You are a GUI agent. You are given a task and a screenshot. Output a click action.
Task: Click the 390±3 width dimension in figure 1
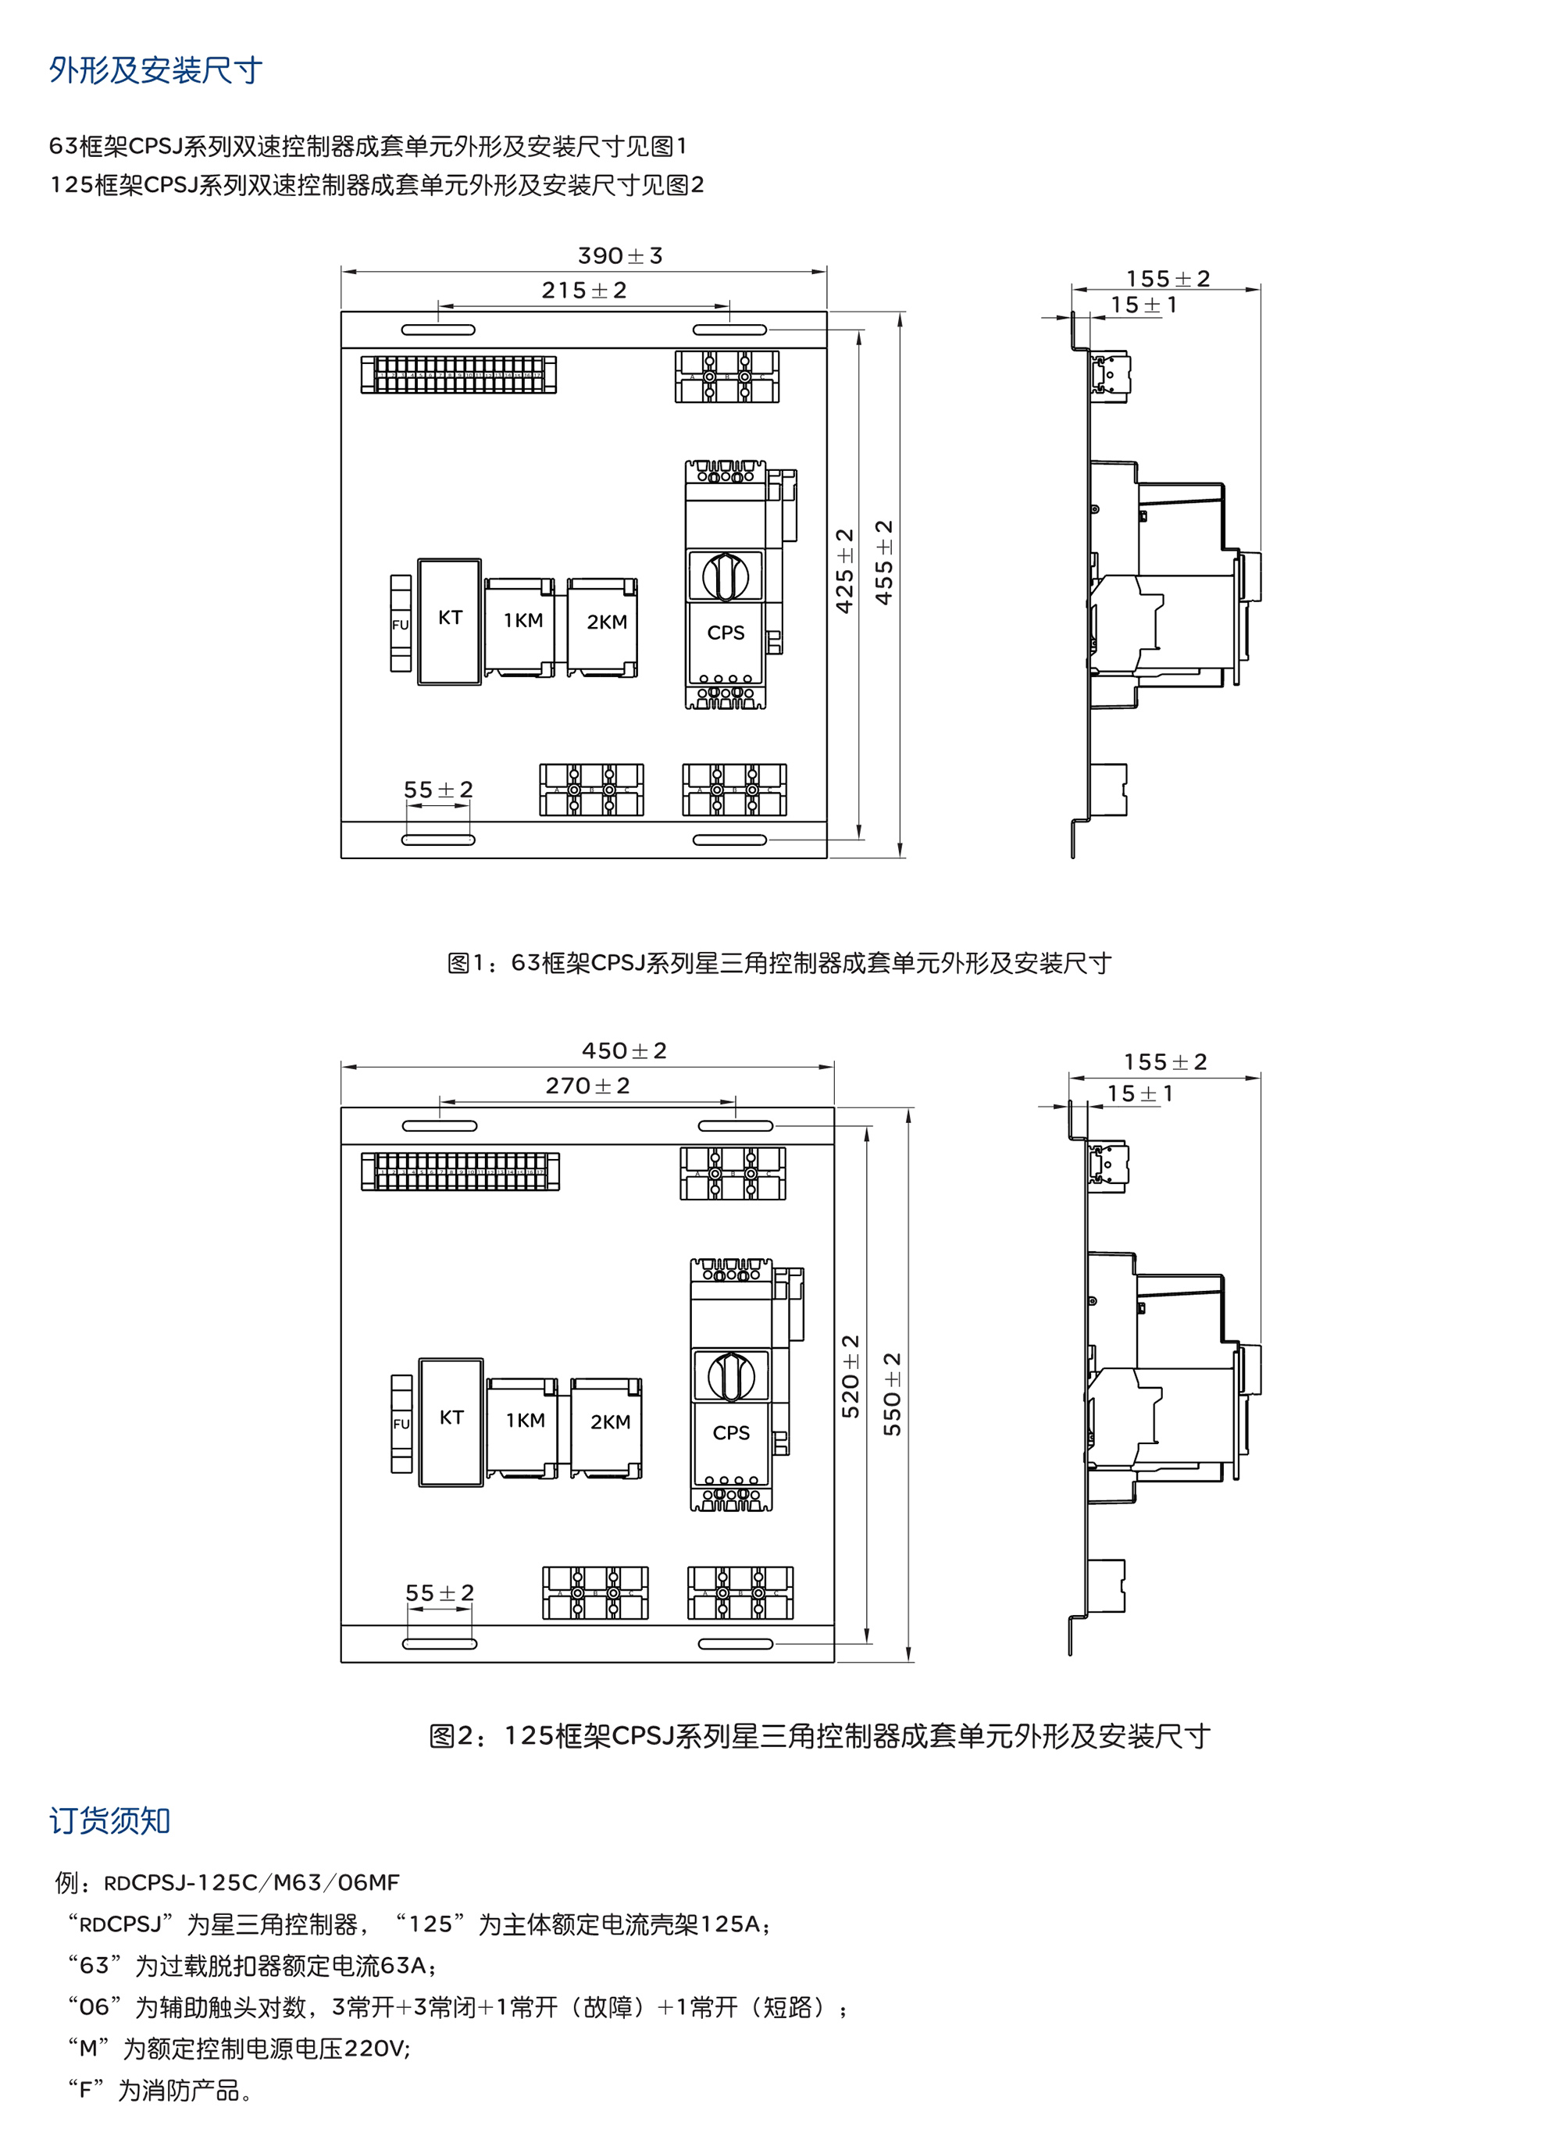(619, 256)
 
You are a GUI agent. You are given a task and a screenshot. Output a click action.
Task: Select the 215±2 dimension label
(583, 291)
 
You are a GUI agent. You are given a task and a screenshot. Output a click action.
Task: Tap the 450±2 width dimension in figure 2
(624, 1051)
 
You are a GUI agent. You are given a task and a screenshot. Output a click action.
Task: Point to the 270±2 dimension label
(587, 1086)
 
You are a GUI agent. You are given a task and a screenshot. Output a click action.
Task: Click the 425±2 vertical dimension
(844, 570)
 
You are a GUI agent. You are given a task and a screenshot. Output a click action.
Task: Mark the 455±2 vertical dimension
(884, 562)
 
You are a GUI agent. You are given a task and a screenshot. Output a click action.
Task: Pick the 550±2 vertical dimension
(892, 1394)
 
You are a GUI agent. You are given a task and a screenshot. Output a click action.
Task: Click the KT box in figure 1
(449, 619)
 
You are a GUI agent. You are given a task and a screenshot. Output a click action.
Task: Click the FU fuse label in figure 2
(401, 1424)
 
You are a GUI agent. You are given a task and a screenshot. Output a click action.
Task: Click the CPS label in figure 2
(731, 1433)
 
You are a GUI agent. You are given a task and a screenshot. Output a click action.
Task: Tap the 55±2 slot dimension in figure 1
(438, 790)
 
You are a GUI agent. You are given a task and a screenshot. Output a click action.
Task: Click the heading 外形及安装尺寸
(155, 71)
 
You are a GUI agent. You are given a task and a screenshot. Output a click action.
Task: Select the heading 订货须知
(109, 1820)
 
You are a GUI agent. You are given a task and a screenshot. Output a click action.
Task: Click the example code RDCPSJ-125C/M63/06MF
(251, 1883)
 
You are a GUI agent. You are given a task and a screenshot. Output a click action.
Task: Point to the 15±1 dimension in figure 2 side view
(1139, 1094)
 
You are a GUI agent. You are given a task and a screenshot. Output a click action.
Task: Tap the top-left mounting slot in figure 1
(438, 330)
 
